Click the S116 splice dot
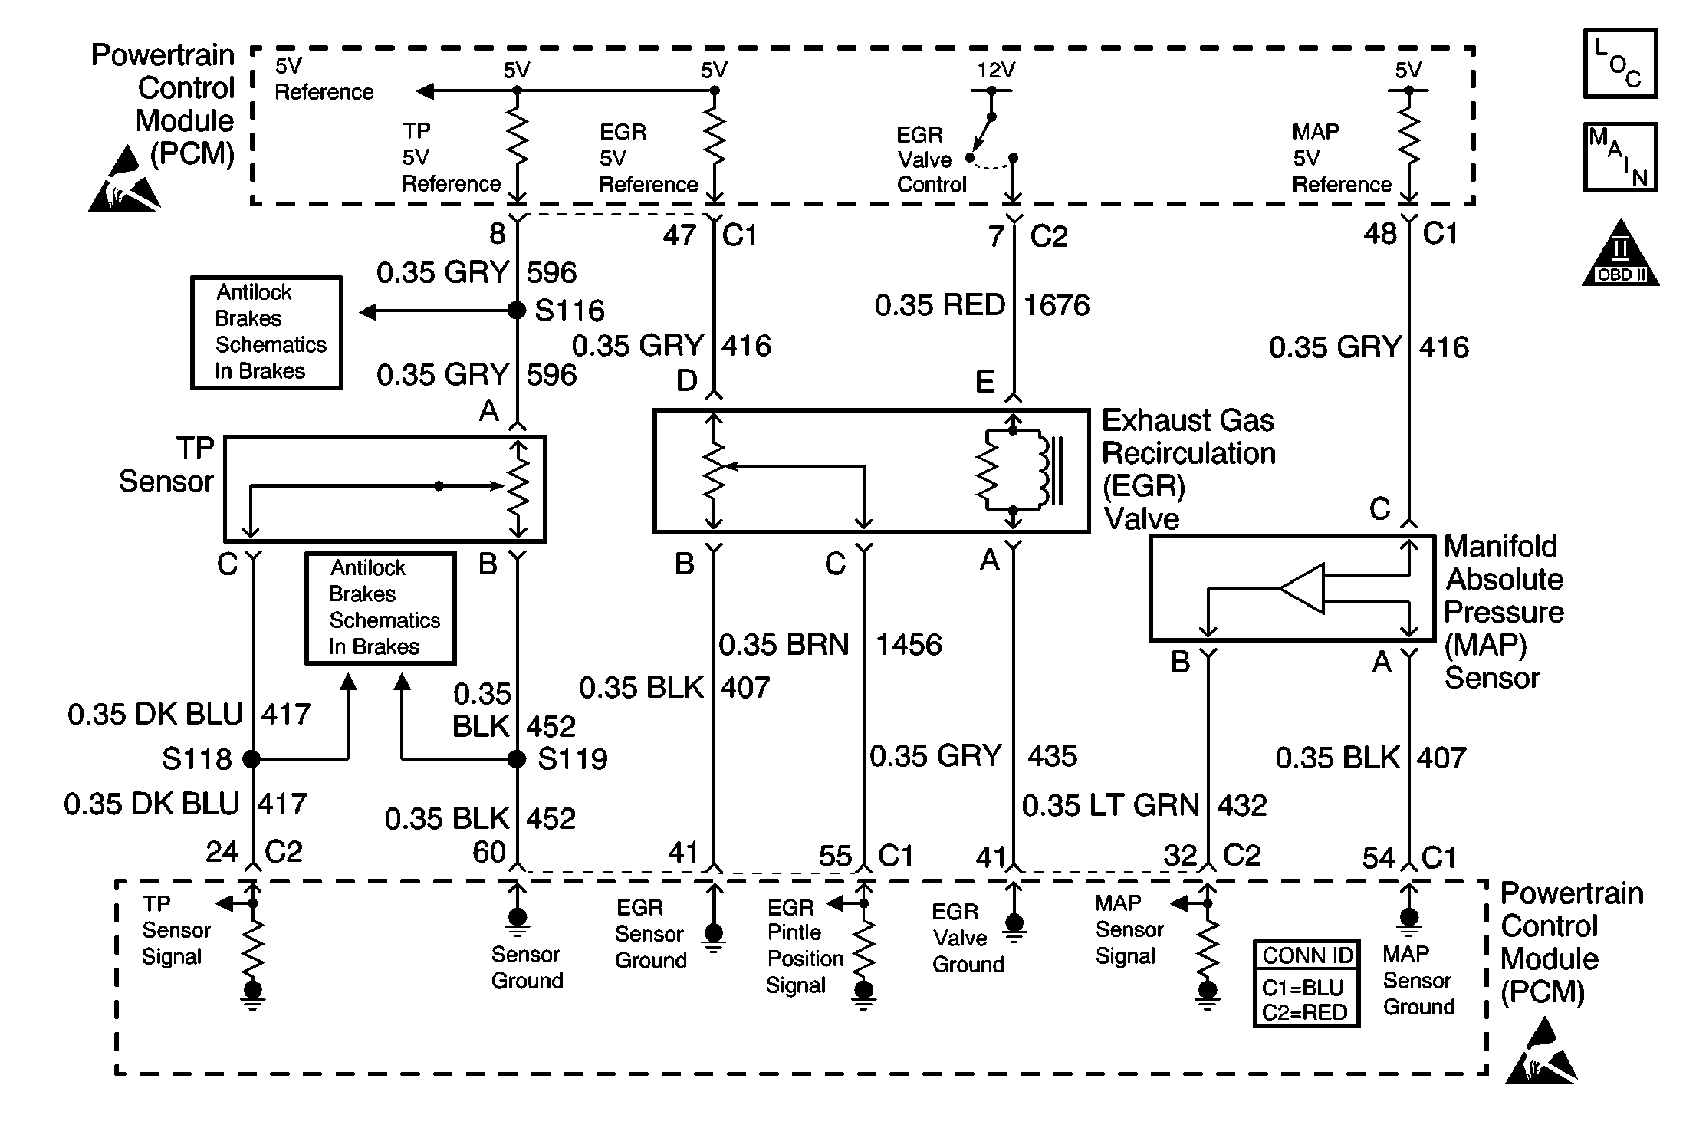tap(517, 311)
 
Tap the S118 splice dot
tap(251, 759)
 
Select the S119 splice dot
tap(517, 759)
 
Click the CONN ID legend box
tap(1307, 984)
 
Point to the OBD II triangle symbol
tap(1620, 252)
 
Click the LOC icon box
tap(1620, 64)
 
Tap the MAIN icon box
tap(1620, 157)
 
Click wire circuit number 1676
tap(1057, 305)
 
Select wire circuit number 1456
tap(909, 645)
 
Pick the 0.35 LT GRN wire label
tap(1110, 805)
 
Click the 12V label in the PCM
tap(996, 71)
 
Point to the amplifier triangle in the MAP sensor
tap(1303, 588)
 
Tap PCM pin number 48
tap(1380, 234)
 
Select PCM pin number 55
tap(835, 856)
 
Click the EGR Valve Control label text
tap(932, 159)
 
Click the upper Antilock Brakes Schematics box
tap(266, 333)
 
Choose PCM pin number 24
tap(222, 852)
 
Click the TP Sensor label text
tap(166, 465)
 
